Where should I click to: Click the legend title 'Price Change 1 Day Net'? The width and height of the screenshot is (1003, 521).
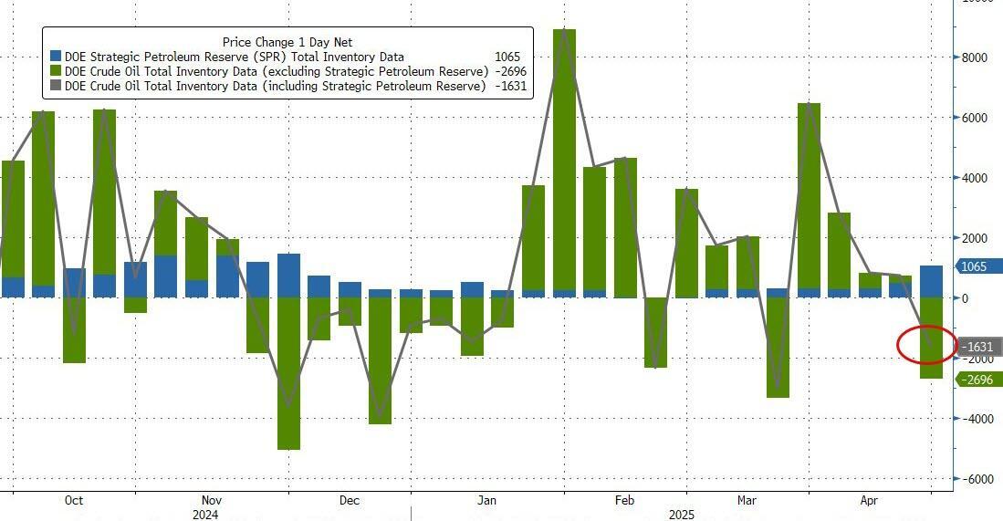point(287,42)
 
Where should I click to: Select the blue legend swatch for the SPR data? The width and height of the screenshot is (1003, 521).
point(57,57)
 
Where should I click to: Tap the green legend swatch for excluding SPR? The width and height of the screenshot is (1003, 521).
point(57,71)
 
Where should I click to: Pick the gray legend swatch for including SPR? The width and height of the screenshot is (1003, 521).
point(57,86)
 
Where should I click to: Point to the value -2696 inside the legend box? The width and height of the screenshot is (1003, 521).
point(507,71)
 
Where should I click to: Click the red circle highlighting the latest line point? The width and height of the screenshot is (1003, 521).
point(927,346)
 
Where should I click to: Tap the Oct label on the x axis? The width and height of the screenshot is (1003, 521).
point(74,501)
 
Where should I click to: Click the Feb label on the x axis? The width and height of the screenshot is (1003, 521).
point(624,501)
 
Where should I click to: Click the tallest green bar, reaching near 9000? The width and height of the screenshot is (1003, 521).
point(565,160)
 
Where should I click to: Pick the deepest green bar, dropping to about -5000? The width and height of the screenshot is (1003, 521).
point(288,374)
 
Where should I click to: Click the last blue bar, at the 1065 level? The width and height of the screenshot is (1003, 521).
point(931,282)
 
